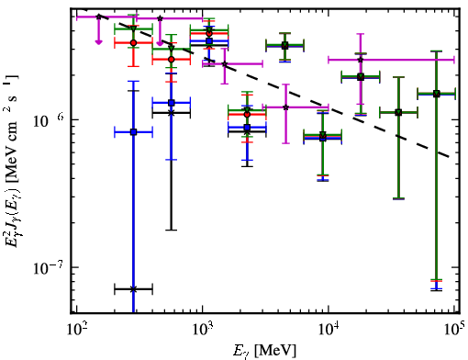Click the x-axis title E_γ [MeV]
(x=264, y=351)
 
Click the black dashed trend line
(x=275, y=86)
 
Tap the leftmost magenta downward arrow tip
(x=98, y=43)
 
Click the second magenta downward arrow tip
(x=160, y=44)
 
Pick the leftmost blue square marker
(x=133, y=132)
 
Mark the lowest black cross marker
(x=133, y=289)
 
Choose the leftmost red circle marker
(x=133, y=43)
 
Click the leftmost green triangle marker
(x=133, y=28)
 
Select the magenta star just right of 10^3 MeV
(x=225, y=64)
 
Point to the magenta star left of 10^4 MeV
(x=285, y=107)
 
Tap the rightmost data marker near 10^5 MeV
(x=437, y=94)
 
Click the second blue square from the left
(x=172, y=103)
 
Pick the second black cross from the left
(x=172, y=113)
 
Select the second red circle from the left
(x=172, y=59)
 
